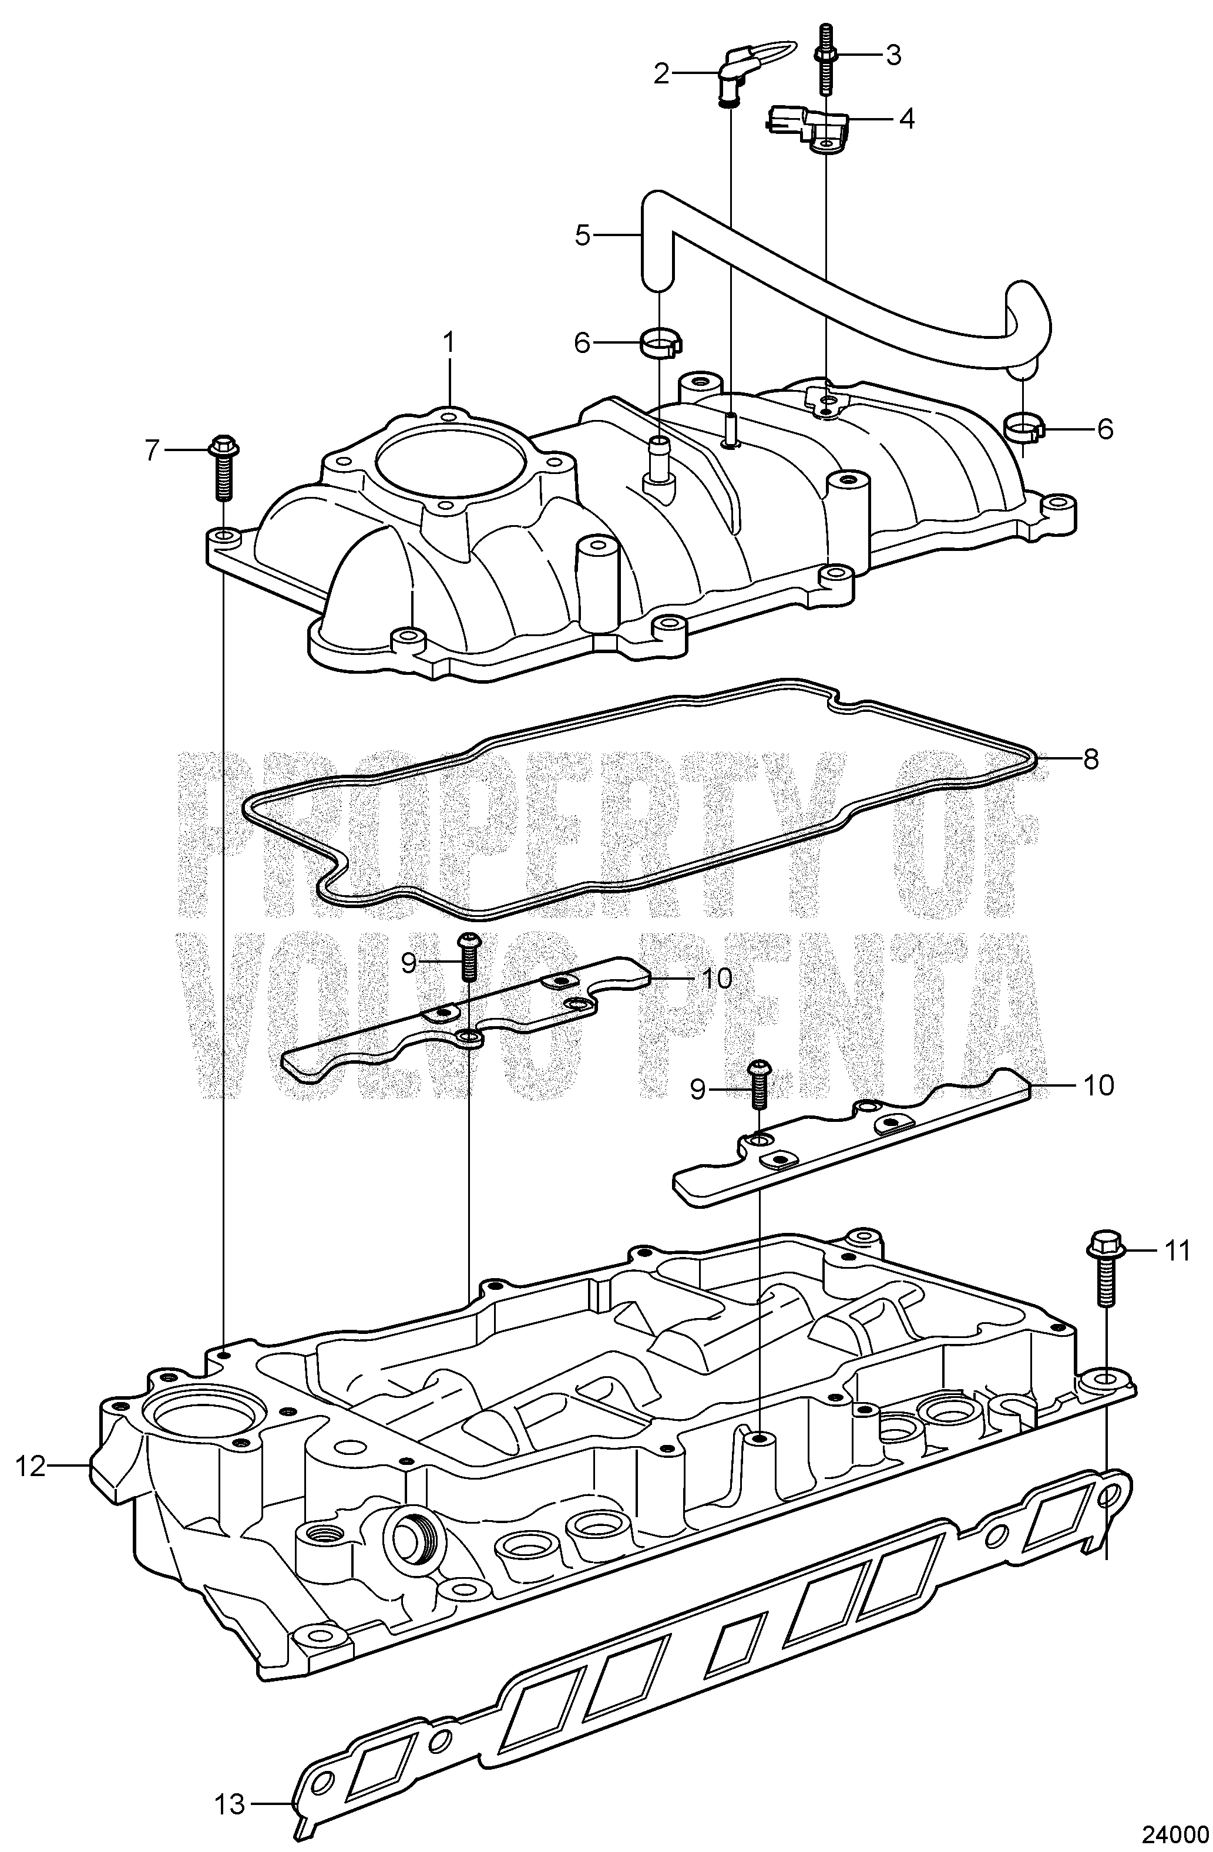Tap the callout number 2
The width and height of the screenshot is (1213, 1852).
point(661,74)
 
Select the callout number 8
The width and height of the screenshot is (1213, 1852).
point(1090,759)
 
